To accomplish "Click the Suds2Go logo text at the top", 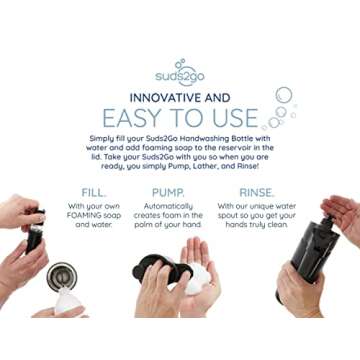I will point(181,76).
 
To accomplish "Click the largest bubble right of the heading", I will point(284,95).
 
